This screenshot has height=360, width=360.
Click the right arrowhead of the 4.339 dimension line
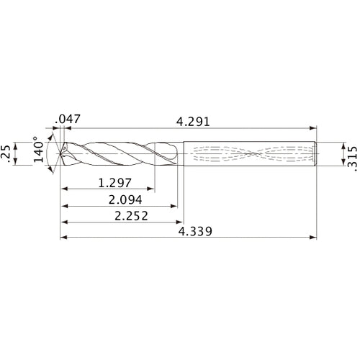coord(313,237)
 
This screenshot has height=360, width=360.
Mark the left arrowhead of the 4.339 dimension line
coord(63,237)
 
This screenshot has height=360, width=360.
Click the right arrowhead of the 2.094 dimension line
coord(174,206)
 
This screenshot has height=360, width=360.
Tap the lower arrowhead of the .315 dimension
coord(340,164)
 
